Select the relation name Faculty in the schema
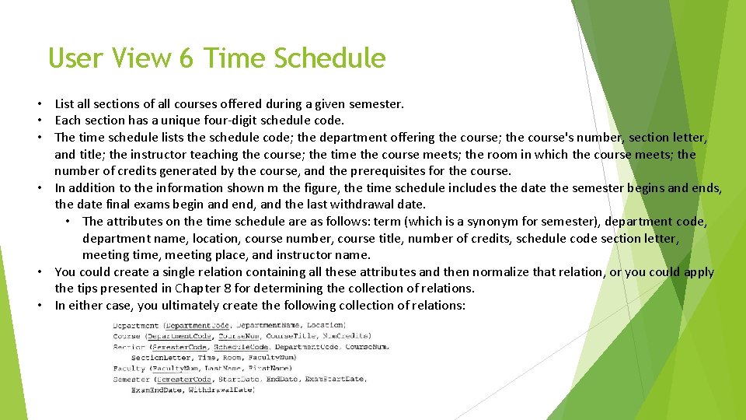tap(129, 368)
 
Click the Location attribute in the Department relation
tap(325, 325)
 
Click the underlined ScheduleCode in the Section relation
tap(242, 347)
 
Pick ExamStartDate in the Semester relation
tap(336, 379)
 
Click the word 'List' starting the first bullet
tap(64, 103)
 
